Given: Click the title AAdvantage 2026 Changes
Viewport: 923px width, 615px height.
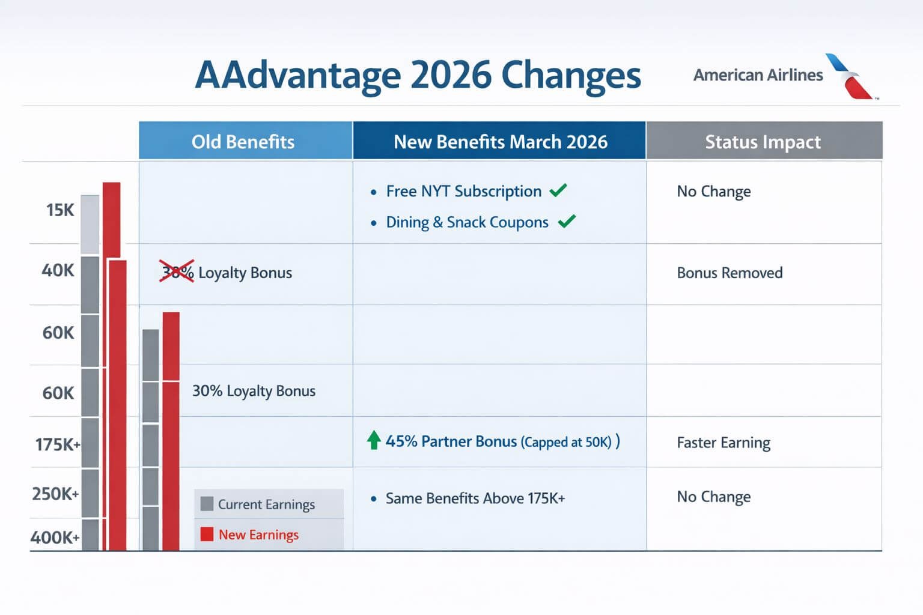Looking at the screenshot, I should (x=418, y=76).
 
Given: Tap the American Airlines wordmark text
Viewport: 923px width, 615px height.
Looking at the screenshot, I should (x=758, y=75).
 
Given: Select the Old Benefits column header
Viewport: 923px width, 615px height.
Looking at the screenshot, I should (x=243, y=142).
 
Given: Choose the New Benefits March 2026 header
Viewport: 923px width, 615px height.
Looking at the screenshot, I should (x=500, y=142).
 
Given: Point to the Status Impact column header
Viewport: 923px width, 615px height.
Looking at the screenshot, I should (x=763, y=142).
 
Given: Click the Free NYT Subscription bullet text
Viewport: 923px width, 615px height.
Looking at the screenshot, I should (x=463, y=191).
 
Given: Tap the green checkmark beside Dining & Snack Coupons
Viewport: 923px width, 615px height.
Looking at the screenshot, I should (x=566, y=222).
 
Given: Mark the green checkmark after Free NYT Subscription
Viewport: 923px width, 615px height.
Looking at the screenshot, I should (x=558, y=190).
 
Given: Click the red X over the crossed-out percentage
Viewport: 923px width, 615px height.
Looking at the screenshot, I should (x=177, y=271).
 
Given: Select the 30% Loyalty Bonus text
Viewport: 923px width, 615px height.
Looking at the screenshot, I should (x=254, y=391).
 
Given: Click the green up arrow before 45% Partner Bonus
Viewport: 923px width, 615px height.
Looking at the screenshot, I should (x=374, y=440).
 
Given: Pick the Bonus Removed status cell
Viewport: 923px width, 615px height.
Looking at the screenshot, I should (x=730, y=273).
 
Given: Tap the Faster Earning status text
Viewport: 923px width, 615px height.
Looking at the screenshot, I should (x=723, y=443).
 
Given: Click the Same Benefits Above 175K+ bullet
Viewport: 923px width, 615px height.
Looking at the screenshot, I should (x=475, y=498).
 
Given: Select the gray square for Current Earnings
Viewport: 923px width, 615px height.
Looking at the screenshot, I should (x=207, y=504).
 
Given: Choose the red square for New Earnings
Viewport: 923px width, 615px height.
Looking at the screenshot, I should (x=207, y=534).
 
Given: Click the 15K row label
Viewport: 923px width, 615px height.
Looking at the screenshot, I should (x=60, y=210).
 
